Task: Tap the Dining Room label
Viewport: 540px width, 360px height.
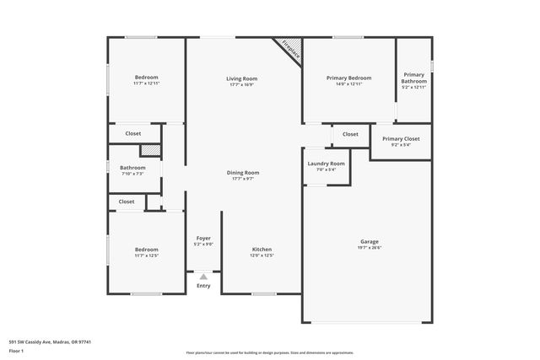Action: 242,172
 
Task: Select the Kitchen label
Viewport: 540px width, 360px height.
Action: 262,249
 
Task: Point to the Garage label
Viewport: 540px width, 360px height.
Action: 370,241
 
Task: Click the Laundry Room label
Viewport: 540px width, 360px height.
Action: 326,163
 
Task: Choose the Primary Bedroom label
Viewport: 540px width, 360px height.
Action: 348,78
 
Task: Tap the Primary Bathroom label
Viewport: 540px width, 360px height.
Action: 413,78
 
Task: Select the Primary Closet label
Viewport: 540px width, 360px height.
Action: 401,139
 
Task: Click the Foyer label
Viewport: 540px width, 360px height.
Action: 203,238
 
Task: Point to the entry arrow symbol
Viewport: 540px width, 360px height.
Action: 203,276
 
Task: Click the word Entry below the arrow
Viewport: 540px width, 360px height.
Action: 203,286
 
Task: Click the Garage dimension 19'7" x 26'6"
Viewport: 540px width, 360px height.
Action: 370,248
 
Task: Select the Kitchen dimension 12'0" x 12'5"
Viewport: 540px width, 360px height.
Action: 262,255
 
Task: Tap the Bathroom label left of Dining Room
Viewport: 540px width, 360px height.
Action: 132,167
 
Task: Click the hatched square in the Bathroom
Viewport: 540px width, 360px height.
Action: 149,150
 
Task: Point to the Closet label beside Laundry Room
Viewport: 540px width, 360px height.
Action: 350,134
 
